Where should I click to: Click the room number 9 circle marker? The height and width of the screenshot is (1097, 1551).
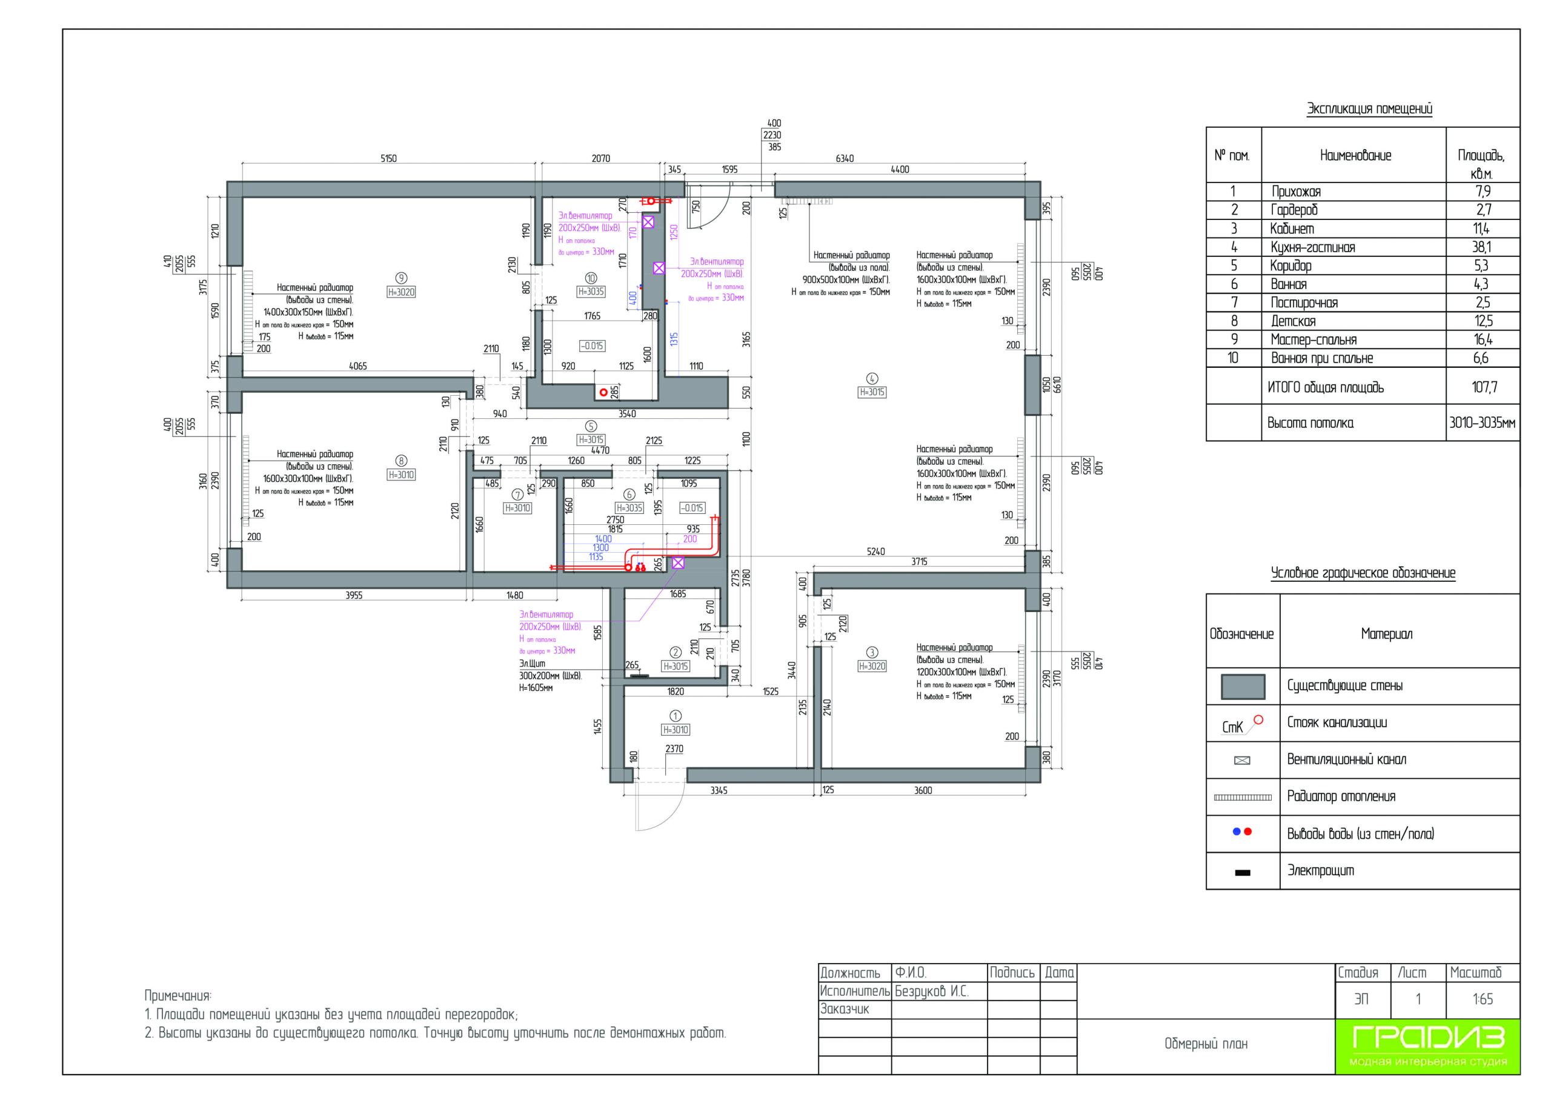[401, 278]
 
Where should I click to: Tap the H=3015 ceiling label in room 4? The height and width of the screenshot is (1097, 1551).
[872, 392]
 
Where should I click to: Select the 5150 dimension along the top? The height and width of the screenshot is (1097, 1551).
[388, 159]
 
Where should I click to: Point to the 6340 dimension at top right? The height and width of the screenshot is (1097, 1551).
[845, 159]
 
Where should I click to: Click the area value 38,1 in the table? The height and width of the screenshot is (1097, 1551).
[1481, 247]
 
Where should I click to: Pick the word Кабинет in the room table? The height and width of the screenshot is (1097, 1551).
[1292, 229]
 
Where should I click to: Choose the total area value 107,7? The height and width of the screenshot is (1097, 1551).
[1484, 387]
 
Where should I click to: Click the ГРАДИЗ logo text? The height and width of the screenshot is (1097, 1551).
[1428, 1036]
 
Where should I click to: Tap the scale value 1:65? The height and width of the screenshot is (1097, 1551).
[1482, 999]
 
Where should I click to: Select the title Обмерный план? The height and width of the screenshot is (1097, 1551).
[1206, 1044]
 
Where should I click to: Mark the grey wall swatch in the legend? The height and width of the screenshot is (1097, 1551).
[1242, 686]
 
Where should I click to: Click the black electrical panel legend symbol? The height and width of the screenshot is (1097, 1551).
[1242, 873]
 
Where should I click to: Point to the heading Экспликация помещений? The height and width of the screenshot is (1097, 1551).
[1369, 109]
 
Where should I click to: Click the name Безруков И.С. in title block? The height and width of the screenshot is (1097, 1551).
[932, 992]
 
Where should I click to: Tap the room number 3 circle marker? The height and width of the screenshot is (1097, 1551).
[872, 652]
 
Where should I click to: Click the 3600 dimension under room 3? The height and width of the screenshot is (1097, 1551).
[923, 790]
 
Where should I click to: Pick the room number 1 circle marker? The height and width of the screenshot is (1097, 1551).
[676, 716]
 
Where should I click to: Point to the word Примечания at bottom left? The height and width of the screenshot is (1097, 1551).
[178, 996]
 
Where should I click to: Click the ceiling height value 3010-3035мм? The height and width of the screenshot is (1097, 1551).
[1482, 423]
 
